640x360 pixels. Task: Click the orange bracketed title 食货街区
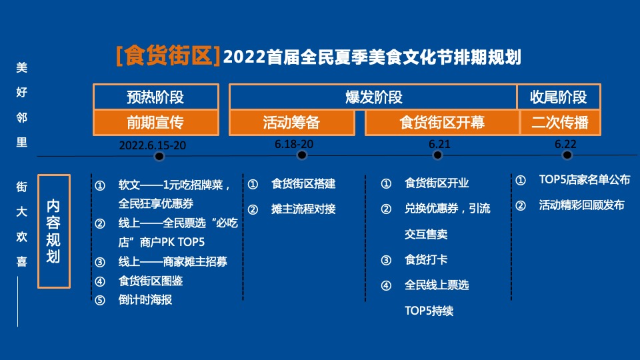click(x=168, y=55)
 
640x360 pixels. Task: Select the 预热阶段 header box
click(x=156, y=97)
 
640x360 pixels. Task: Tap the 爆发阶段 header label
click(x=374, y=97)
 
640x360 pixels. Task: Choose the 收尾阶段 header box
click(x=559, y=97)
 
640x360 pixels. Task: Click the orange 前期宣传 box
click(x=156, y=123)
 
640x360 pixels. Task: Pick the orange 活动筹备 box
click(x=292, y=123)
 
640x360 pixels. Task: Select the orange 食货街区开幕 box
click(x=442, y=123)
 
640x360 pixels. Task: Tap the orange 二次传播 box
click(x=560, y=123)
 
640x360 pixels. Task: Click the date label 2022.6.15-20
click(x=152, y=145)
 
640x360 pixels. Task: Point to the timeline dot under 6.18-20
click(x=302, y=155)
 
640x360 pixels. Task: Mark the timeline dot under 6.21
click(x=437, y=155)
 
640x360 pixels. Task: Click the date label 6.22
click(x=565, y=144)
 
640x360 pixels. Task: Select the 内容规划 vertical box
click(x=54, y=231)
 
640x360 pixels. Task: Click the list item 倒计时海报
click(x=145, y=300)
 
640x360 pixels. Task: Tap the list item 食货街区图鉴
click(x=151, y=281)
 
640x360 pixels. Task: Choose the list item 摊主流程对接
click(x=303, y=209)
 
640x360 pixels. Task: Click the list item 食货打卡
click(x=426, y=259)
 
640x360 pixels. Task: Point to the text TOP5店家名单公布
click(x=585, y=179)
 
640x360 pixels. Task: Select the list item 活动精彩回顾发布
click(x=581, y=205)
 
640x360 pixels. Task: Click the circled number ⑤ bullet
click(x=100, y=301)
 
